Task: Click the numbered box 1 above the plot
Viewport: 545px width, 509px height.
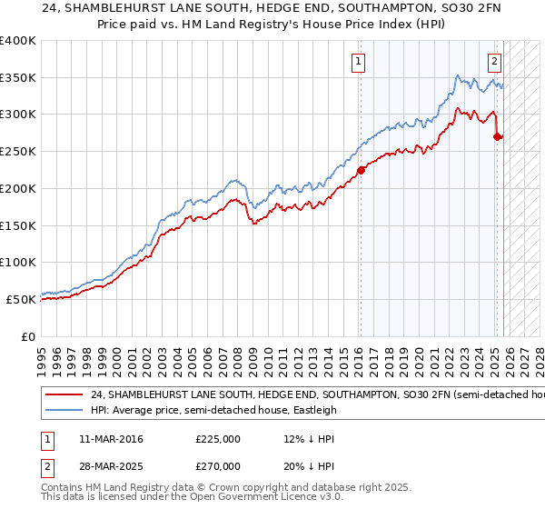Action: coord(358,62)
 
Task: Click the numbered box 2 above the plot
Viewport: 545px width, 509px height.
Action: coord(494,62)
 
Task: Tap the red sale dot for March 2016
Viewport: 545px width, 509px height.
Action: coord(361,169)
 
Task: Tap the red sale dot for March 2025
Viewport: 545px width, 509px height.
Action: coord(497,136)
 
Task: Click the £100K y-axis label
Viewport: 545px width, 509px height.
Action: coord(18,262)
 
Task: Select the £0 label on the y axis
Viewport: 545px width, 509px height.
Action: coord(29,335)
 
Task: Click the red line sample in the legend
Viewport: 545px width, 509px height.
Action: coord(64,395)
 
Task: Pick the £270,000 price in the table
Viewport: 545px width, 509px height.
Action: coord(218,464)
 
